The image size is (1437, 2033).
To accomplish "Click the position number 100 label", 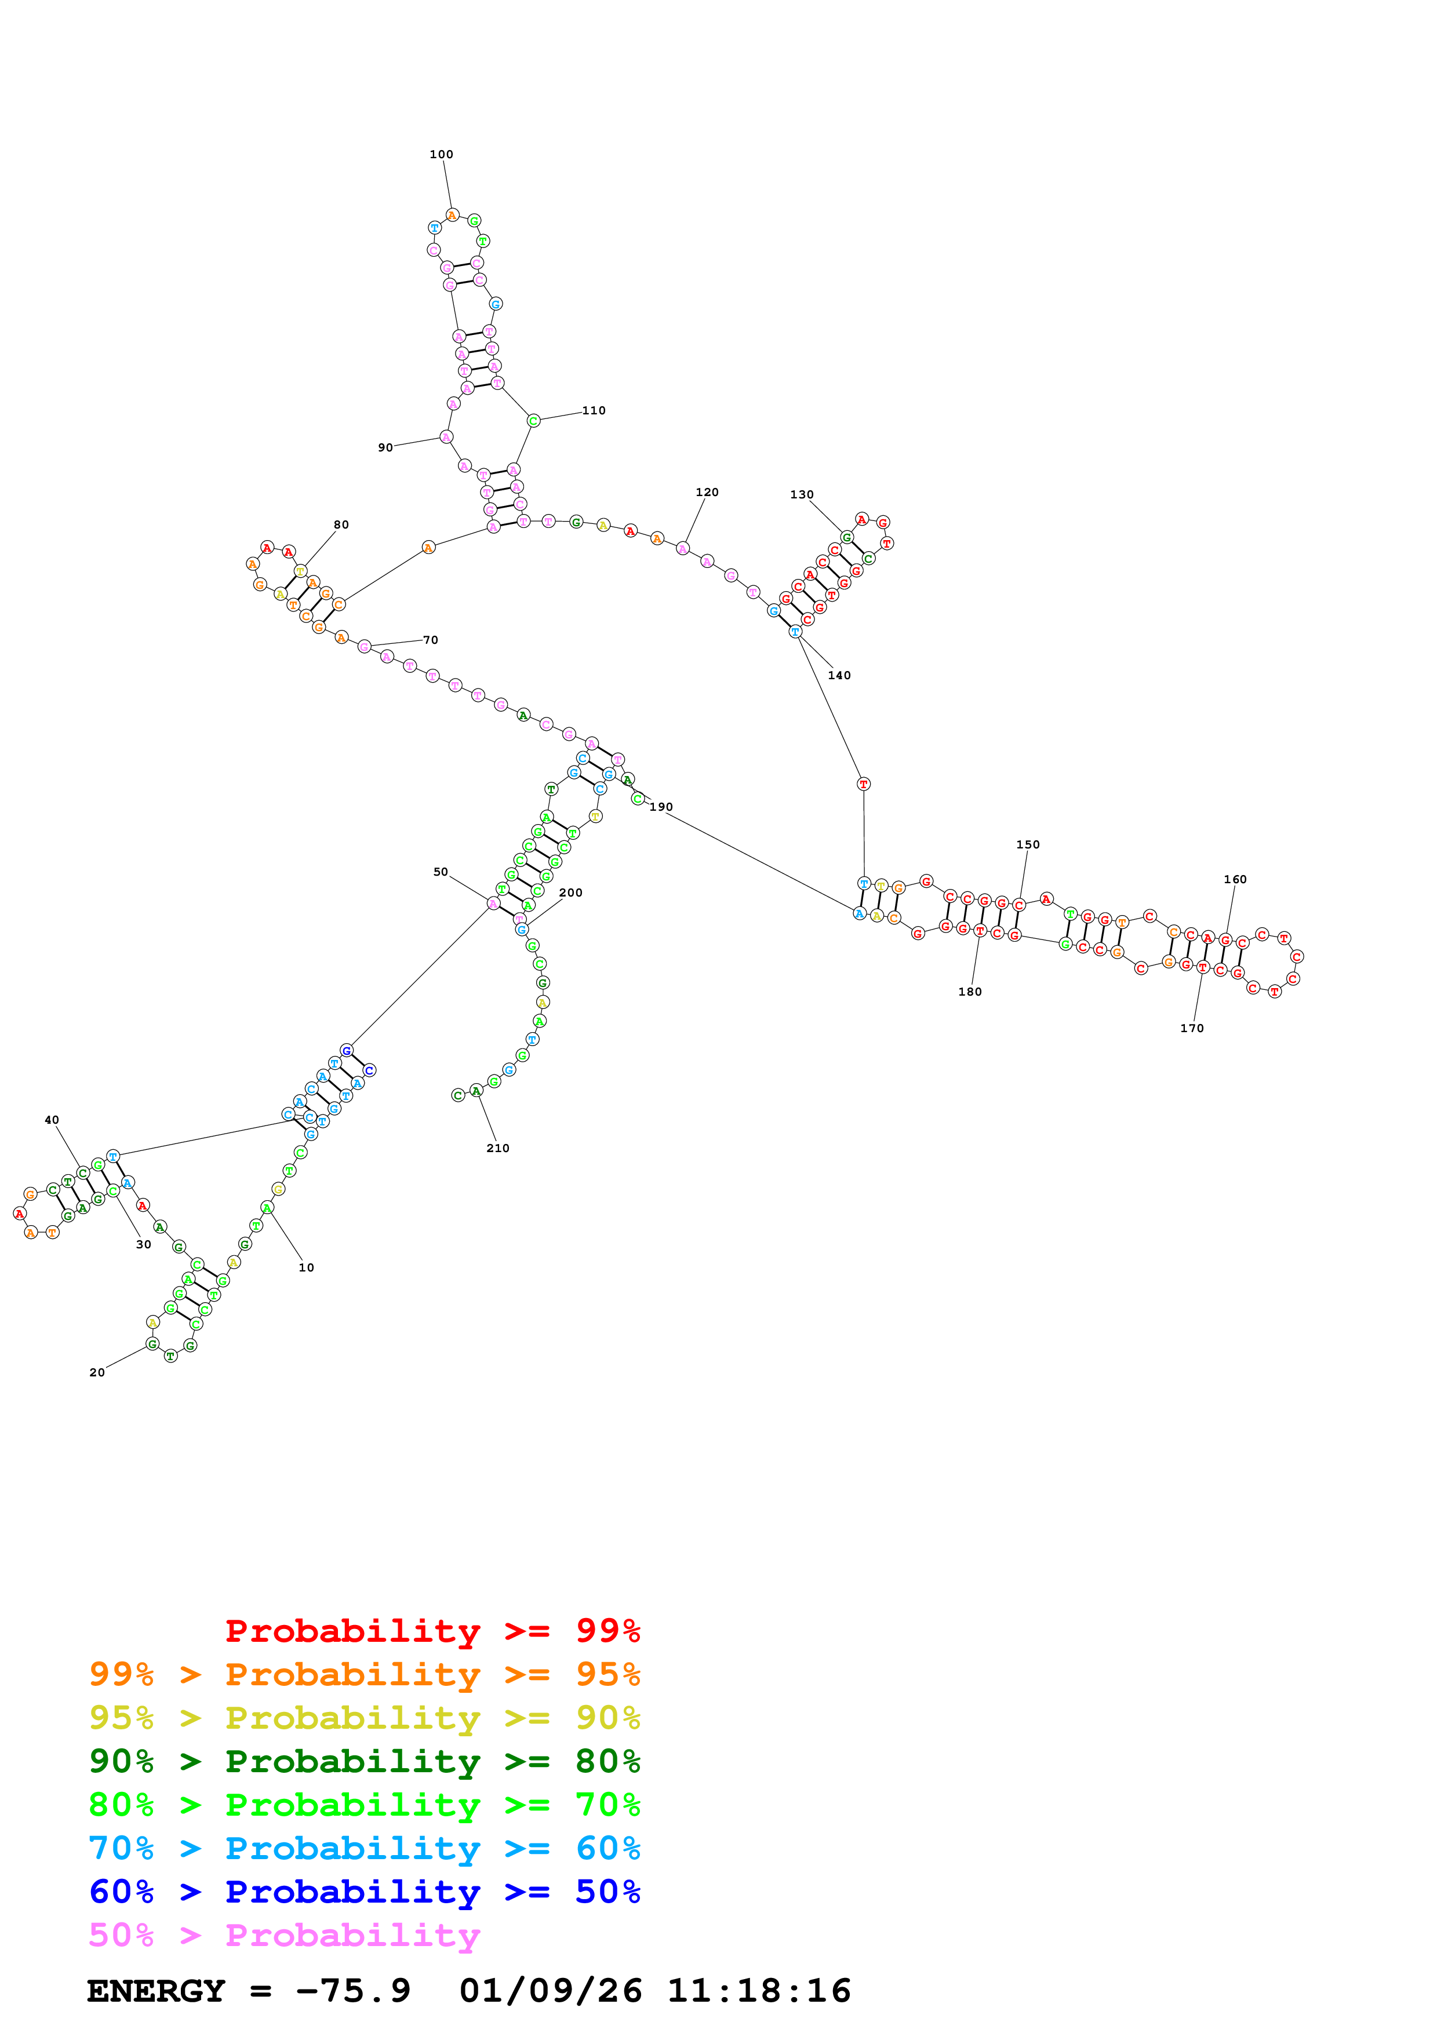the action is click(x=441, y=154).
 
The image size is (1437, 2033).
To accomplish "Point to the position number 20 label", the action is click(x=96, y=1372).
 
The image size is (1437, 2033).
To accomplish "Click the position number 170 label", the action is click(x=1192, y=1028).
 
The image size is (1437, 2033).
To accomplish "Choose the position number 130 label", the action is click(x=801, y=494).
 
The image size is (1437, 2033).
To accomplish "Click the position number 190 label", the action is click(x=660, y=807).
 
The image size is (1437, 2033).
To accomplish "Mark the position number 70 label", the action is click(x=430, y=639).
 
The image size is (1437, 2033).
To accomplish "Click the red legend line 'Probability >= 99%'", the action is click(x=432, y=1630).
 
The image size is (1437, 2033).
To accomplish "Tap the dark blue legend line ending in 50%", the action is click(x=364, y=1892).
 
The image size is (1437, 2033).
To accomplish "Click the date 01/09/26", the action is click(x=550, y=1991).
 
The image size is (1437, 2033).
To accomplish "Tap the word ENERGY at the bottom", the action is click(x=156, y=1991).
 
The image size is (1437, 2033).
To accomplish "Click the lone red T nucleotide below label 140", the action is click(x=863, y=784).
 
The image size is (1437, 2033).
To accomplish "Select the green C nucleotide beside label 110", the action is click(x=533, y=421).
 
